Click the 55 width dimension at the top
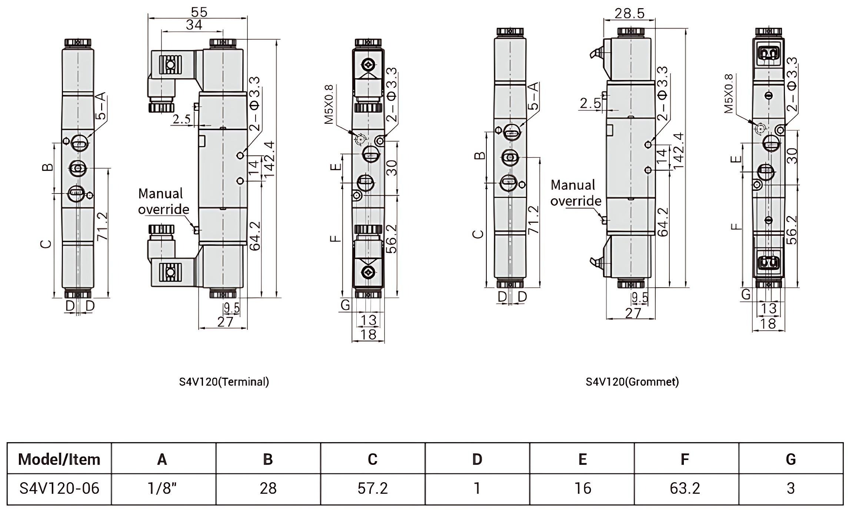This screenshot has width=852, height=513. pyautogui.click(x=199, y=12)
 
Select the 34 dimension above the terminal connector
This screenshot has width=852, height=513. pyautogui.click(x=194, y=25)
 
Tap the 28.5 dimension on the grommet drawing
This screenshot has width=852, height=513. pyautogui.click(x=629, y=13)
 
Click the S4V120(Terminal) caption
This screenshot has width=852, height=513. pyautogui.click(x=224, y=382)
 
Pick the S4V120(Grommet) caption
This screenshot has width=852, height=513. pyautogui.click(x=632, y=382)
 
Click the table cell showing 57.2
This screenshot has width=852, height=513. pyautogui.click(x=373, y=489)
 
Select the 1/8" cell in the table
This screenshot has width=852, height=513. pyautogui.click(x=162, y=489)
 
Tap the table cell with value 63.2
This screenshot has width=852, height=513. pyautogui.click(x=685, y=489)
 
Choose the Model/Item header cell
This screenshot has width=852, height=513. pyautogui.click(x=59, y=460)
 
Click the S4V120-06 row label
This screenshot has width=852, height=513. pyautogui.click(x=59, y=489)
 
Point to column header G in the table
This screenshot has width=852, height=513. pyautogui.click(x=791, y=460)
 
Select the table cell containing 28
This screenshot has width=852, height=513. pyautogui.click(x=268, y=489)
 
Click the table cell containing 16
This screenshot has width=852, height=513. pyautogui.click(x=582, y=489)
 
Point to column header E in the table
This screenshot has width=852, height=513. pyautogui.click(x=582, y=460)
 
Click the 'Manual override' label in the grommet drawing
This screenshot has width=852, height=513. pyautogui.click(x=575, y=193)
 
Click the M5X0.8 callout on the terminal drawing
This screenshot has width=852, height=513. pyautogui.click(x=329, y=105)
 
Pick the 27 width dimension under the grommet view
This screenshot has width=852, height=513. pyautogui.click(x=633, y=314)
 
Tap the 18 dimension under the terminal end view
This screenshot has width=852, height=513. pyautogui.click(x=368, y=334)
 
